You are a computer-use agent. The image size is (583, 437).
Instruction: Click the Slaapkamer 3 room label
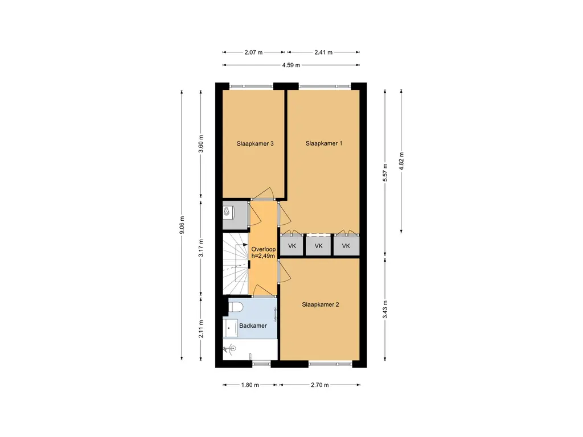coord(255,143)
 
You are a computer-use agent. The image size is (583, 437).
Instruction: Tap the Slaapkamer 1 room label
coord(324,143)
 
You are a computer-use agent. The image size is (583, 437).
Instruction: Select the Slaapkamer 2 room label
coord(320,305)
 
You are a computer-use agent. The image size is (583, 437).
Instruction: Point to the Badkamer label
coord(253,325)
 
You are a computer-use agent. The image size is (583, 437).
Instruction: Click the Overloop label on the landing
coord(263,249)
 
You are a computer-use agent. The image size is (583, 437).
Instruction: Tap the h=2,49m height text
coord(263,256)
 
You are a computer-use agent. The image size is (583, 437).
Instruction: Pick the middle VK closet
coord(319,246)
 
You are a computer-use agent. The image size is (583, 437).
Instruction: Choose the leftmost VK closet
coord(292,246)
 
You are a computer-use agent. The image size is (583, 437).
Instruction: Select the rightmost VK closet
coord(346,246)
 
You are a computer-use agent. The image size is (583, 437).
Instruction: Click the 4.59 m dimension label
coord(291,65)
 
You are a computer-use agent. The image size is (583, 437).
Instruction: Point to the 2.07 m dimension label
coord(253,52)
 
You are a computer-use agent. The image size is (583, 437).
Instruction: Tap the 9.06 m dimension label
coord(182,225)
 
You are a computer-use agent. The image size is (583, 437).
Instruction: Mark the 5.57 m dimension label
coord(385,172)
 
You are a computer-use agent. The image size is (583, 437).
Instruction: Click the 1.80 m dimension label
coord(250,385)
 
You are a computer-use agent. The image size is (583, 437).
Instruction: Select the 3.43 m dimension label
coord(385,309)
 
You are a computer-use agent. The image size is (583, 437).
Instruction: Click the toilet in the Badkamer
coord(235,307)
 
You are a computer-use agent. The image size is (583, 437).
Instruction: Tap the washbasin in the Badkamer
coord(231,328)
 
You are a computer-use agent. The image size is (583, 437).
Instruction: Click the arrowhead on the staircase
coord(245,245)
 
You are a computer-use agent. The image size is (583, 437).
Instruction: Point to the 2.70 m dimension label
coord(320,385)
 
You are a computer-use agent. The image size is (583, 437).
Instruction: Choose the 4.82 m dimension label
coord(401,161)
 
